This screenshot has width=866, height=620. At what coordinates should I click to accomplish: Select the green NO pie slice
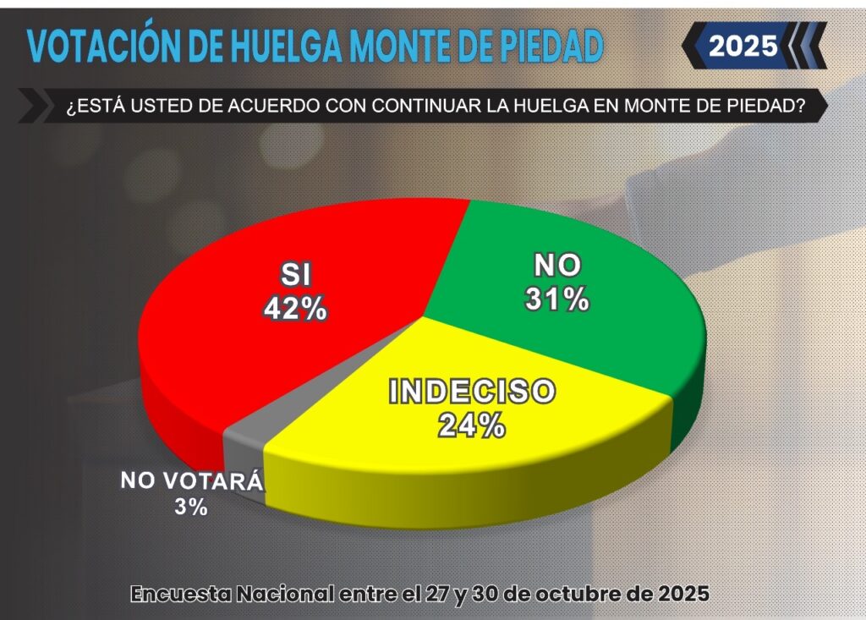coord(592,338)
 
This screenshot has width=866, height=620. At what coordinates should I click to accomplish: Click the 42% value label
coord(294,308)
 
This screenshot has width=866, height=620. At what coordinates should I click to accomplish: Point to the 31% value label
coord(556,299)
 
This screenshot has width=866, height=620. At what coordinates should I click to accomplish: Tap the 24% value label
coord(472,425)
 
